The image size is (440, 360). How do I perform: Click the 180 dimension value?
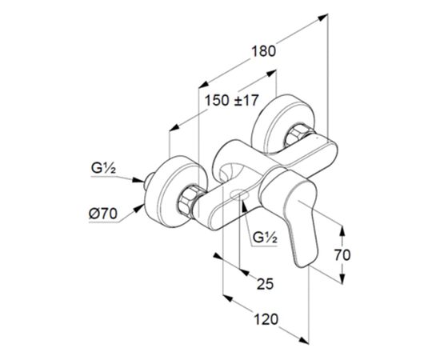coord(263,52)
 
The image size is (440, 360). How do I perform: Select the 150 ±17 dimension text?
coord(231,101)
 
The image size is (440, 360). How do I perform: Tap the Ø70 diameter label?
coord(103,214)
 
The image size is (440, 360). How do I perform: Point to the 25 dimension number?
coord(265,284)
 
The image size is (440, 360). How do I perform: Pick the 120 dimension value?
coord(266,319)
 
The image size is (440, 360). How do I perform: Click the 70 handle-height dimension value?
coord(342,255)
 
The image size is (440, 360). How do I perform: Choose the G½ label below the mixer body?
coord(265,238)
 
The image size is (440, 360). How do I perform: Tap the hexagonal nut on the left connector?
coord(188,201)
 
